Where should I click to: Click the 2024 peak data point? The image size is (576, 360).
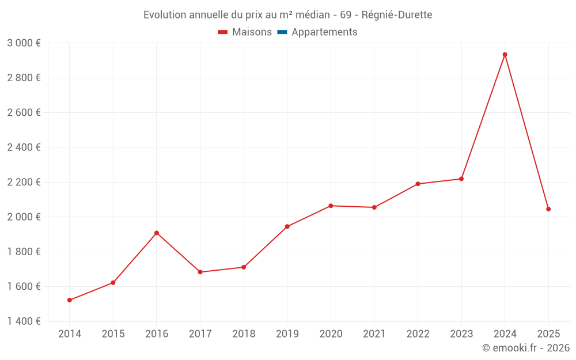(505, 55)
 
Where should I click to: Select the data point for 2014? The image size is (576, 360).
(70, 300)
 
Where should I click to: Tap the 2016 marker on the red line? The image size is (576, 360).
(157, 233)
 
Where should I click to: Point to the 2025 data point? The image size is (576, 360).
(548, 209)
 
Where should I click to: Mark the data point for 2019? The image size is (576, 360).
(287, 226)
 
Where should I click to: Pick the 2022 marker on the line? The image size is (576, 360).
(418, 184)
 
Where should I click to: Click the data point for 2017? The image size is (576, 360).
(200, 272)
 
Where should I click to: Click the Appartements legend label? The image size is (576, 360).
(324, 32)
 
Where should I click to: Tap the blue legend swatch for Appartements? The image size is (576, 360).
(282, 32)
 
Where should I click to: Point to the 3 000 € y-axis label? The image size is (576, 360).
(24, 43)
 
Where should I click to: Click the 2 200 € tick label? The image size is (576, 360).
(24, 182)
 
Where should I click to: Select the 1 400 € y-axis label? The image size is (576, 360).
(24, 321)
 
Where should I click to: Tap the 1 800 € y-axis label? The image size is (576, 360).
(24, 252)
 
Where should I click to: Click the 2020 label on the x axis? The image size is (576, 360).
(331, 334)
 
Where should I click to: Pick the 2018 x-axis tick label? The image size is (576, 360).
(244, 334)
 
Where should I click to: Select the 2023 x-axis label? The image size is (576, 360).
(461, 334)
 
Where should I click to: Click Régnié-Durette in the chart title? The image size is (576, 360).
(397, 15)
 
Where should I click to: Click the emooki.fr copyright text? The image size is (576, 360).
(526, 348)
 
